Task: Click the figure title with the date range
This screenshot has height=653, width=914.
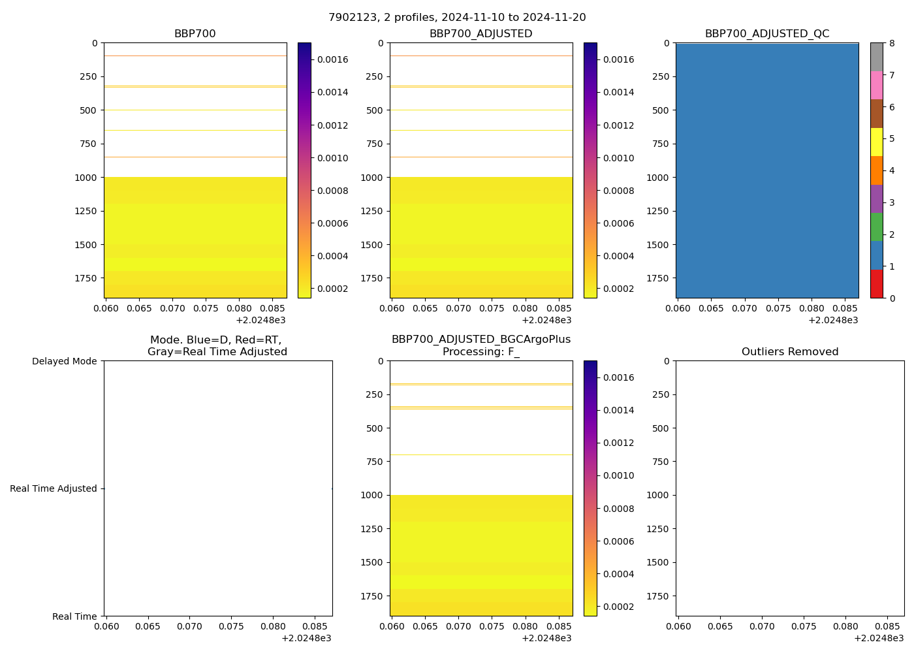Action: tap(456, 18)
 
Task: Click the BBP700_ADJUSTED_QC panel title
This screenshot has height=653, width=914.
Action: tap(766, 34)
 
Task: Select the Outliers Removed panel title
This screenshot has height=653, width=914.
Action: tap(789, 352)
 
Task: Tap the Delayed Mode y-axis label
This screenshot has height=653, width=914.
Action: tap(64, 361)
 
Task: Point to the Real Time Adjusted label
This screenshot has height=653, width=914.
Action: tap(53, 488)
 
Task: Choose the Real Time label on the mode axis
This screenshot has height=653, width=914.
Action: tap(74, 616)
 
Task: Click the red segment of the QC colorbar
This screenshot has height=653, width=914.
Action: tap(876, 284)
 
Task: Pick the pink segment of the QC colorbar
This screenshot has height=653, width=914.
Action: tap(876, 85)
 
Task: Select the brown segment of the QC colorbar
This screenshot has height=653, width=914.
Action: tap(876, 114)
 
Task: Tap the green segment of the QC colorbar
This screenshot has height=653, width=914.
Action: tap(876, 227)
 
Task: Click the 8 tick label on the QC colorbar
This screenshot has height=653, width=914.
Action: tap(892, 44)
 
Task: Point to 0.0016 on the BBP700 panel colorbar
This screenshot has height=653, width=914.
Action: tap(333, 59)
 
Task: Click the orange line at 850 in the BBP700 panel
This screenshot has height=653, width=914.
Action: tap(195, 157)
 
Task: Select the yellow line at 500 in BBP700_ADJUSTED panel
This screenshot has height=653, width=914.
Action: tap(481, 110)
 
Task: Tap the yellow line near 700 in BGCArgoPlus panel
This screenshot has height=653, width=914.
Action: tap(481, 455)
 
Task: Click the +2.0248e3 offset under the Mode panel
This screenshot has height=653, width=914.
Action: tap(306, 638)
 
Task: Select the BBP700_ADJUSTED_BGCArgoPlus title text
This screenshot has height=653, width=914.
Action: tap(481, 340)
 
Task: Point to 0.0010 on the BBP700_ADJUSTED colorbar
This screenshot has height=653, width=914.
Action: tap(619, 158)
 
